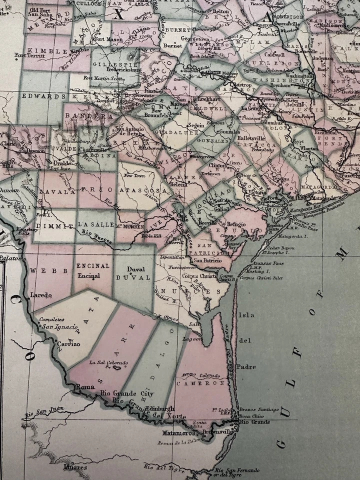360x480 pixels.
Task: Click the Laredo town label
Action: (41, 295)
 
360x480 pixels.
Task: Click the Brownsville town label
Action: (222, 431)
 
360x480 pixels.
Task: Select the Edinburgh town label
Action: (160, 408)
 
